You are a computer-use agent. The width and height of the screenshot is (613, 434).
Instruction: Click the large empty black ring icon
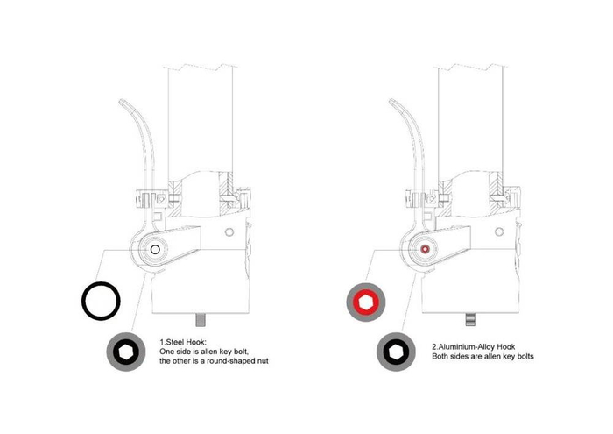click(101, 302)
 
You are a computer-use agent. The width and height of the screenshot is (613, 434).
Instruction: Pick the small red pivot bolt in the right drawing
click(425, 250)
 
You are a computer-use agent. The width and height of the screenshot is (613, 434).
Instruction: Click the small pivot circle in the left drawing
click(155, 250)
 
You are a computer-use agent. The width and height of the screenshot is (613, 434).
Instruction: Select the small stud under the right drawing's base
click(471, 317)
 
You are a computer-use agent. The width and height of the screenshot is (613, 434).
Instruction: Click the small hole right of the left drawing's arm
click(229, 232)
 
